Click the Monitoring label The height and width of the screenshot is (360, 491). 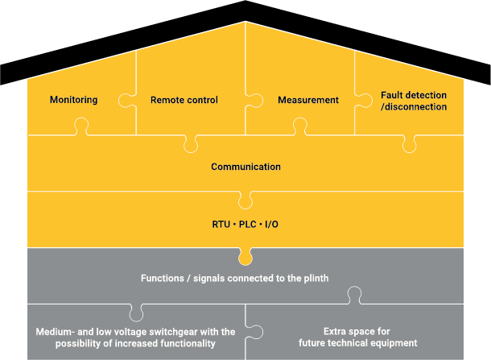pos(73,100)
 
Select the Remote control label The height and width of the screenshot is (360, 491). pos(184,100)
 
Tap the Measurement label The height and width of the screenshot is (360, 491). pos(308,100)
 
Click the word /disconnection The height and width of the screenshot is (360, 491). pos(414,106)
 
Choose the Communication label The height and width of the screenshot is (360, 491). pos(245,167)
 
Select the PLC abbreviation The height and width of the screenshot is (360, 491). pos(246,223)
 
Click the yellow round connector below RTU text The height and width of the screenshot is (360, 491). pos(245,259)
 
